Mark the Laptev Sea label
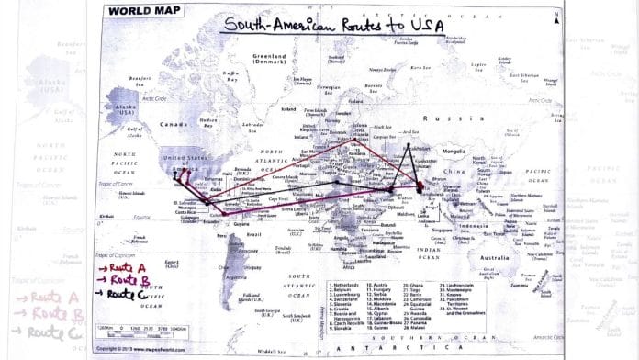(476, 66)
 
